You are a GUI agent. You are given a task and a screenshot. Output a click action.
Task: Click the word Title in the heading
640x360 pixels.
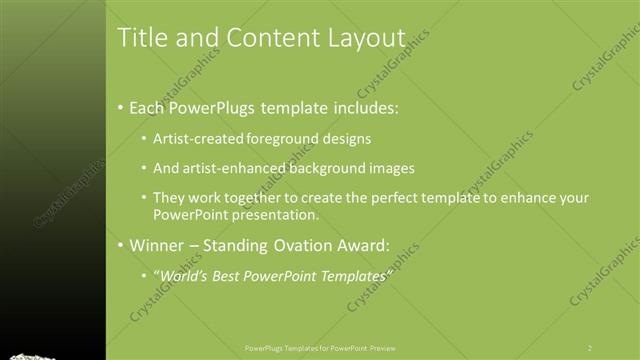coord(140,38)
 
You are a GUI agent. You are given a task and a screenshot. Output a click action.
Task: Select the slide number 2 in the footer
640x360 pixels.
coord(589,348)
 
